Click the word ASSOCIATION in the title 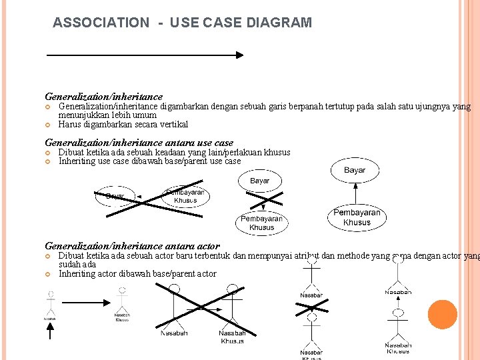click(x=101, y=23)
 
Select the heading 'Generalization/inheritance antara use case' click(x=139, y=142)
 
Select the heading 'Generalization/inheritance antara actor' click(x=132, y=246)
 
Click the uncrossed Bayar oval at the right click(x=355, y=171)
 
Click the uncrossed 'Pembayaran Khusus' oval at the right click(x=357, y=217)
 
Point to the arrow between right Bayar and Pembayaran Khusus click(x=357, y=194)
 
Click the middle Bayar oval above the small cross click(x=260, y=181)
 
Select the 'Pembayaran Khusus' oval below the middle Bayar click(x=261, y=223)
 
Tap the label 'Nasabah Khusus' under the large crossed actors click(x=232, y=337)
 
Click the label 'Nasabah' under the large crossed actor click(x=173, y=333)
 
